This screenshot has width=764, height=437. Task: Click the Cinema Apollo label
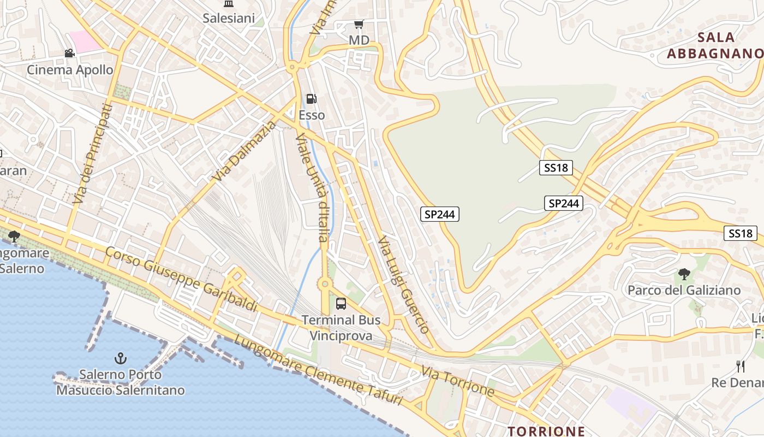(x=70, y=70)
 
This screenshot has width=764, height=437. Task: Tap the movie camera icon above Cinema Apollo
(x=69, y=53)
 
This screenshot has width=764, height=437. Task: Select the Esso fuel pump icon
(x=312, y=99)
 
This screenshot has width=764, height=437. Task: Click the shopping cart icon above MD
(x=359, y=24)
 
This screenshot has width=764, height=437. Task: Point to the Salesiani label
(x=229, y=18)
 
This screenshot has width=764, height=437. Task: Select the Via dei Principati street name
(x=91, y=155)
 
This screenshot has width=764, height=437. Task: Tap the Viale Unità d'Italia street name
(x=312, y=187)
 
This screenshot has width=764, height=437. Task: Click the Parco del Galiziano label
(x=684, y=290)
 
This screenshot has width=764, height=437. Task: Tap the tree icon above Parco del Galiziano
(x=684, y=274)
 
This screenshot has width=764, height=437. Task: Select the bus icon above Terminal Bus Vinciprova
(x=341, y=304)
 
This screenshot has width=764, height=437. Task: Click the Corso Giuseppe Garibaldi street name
(x=181, y=280)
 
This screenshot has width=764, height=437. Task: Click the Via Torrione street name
(x=458, y=381)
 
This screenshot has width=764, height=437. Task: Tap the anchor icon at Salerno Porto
(x=121, y=358)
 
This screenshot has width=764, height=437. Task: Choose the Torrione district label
(x=546, y=431)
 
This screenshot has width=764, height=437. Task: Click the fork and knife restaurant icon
(x=741, y=366)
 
